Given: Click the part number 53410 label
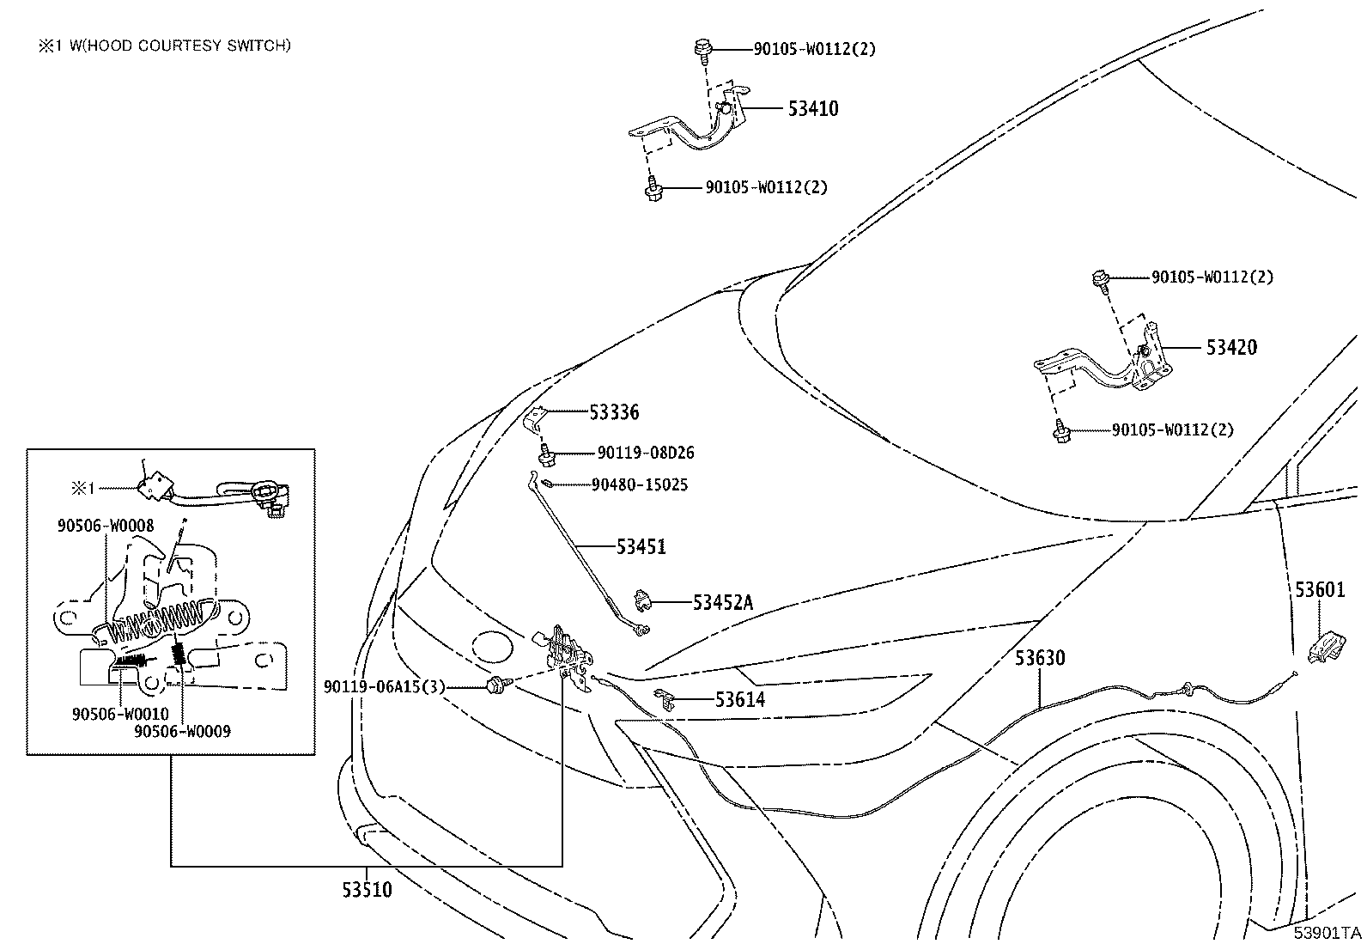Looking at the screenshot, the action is pos(813,109).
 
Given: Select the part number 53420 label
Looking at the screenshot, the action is pos(1231,347).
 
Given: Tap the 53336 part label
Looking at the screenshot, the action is pos(614,412).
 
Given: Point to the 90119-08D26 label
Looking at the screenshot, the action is pos(646,453).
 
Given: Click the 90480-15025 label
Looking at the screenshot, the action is pos(640,484).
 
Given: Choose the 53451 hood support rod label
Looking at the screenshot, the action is pos(641,546).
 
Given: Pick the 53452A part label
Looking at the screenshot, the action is pos(722,603).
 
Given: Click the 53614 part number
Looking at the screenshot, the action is pos(739,699).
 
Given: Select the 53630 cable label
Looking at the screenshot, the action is pos(1040,658).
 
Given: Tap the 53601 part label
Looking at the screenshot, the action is pos(1320,589).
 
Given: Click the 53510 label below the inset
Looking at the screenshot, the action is pos(367,890).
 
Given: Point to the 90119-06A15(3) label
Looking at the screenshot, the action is pos(385,687).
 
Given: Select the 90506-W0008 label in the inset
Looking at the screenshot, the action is pos(106,525).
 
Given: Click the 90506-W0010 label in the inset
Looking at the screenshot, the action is pos(120,714).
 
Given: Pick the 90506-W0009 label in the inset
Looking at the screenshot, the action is pos(183,731).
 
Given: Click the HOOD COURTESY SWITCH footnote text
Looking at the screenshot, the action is pos(180,46).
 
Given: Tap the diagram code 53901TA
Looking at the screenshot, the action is pos(1328,933).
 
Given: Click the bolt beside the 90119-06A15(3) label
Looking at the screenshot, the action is pos(495,685).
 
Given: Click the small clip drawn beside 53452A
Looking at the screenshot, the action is pos(642,600).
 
